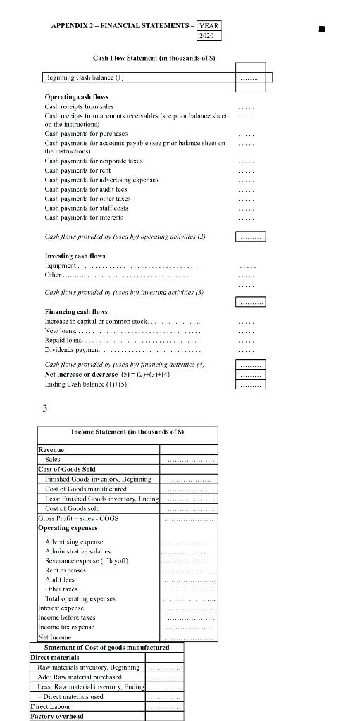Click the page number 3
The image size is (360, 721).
click(x=44, y=408)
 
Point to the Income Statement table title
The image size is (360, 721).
click(x=128, y=431)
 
